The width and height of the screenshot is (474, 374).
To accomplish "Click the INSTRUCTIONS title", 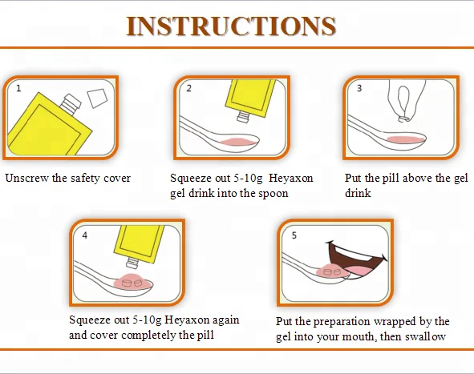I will click(x=231, y=26).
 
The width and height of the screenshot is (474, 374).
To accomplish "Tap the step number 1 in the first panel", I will click(x=18, y=88).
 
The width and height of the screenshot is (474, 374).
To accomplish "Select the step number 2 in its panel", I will click(x=189, y=88).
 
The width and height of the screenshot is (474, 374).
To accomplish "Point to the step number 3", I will click(x=359, y=88).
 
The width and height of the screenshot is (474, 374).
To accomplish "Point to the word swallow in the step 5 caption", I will click(x=426, y=336).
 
